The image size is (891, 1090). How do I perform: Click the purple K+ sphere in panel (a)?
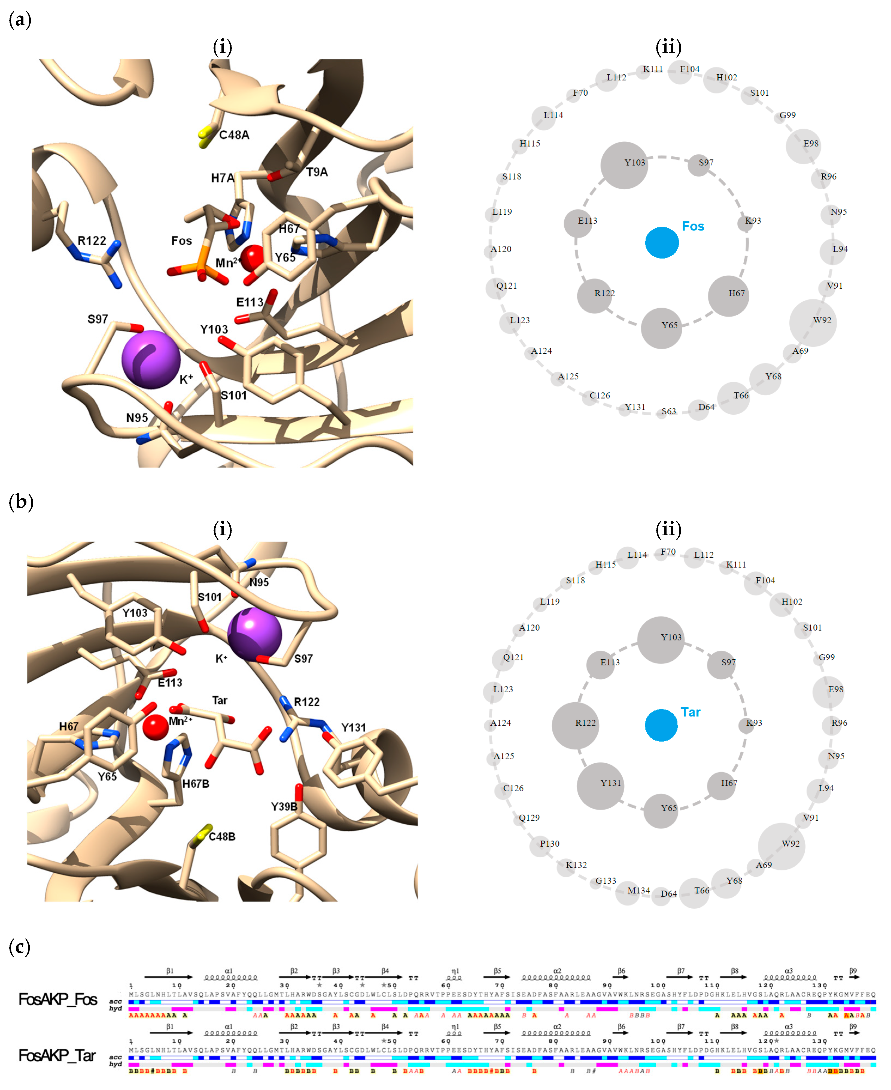[x=150, y=359]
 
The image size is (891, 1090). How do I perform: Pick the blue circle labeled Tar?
[x=661, y=725]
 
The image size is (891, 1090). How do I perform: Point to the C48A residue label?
[x=234, y=135]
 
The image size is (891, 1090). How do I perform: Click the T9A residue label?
[x=317, y=172]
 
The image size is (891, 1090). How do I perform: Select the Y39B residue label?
[x=284, y=806]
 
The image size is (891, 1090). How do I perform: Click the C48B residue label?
[x=222, y=836]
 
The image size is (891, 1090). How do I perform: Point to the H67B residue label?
[x=196, y=784]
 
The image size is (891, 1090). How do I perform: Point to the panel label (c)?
[x=20, y=947]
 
